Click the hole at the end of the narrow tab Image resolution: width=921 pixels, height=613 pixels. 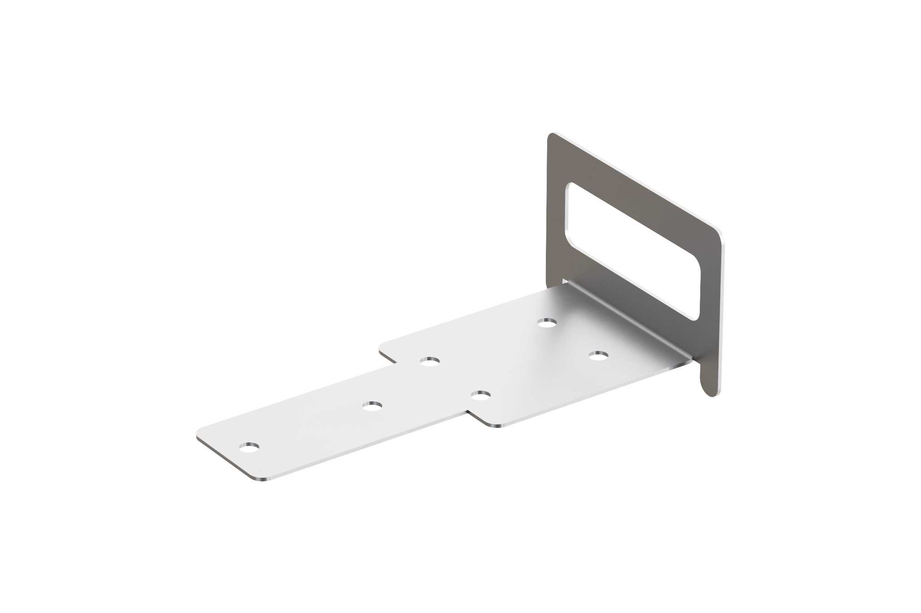(x=249, y=448)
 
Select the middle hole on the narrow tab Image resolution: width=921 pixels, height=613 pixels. (x=372, y=405)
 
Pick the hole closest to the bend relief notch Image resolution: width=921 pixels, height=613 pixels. (x=547, y=323)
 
